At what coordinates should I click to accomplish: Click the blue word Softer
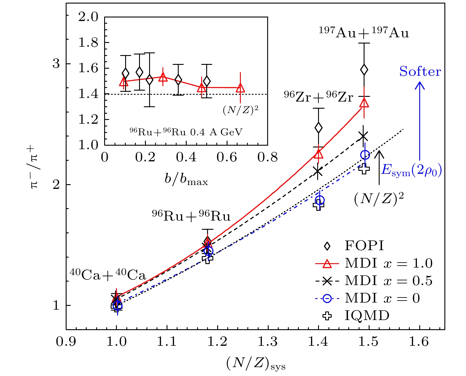[420, 72]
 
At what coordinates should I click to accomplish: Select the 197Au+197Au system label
[364, 32]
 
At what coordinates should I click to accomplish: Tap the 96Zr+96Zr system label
[318, 97]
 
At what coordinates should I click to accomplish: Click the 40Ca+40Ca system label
[108, 275]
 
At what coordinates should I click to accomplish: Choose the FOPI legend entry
[364, 246]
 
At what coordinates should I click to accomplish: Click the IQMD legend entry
[367, 316]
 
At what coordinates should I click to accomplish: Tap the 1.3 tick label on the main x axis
[268, 342]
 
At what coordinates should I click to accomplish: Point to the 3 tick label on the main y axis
[56, 64]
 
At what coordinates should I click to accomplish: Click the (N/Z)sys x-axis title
[256, 364]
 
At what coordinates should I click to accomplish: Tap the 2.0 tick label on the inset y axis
[88, 17]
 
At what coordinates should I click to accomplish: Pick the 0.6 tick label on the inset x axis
[227, 157]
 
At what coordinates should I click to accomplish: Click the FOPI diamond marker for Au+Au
[364, 70]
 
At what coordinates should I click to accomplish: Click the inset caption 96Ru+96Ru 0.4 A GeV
[186, 132]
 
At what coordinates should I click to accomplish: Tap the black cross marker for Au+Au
[364, 136]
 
